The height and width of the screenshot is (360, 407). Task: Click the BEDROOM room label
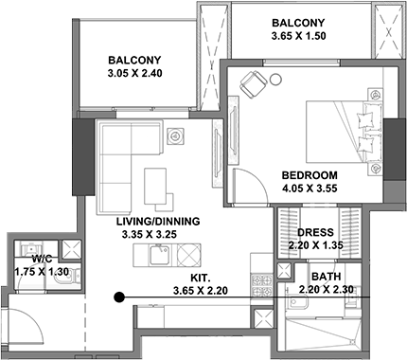310,175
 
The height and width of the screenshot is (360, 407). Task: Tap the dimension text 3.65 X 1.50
298,36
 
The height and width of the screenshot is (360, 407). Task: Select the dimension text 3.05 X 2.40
134,73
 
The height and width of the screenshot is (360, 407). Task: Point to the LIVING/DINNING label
158,222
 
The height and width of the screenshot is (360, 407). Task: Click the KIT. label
200,278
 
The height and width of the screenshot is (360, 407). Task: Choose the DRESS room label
315,232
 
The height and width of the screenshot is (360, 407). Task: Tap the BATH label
327,277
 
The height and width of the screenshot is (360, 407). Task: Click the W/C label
42,259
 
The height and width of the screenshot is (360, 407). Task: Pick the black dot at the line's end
118,297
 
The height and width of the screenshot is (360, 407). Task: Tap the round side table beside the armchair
275,79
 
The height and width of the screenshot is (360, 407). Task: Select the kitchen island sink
160,255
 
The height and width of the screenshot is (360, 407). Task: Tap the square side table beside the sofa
174,136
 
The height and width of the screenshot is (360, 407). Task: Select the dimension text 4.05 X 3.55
310,189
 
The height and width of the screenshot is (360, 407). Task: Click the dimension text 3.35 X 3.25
149,235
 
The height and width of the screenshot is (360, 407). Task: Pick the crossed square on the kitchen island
188,255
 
